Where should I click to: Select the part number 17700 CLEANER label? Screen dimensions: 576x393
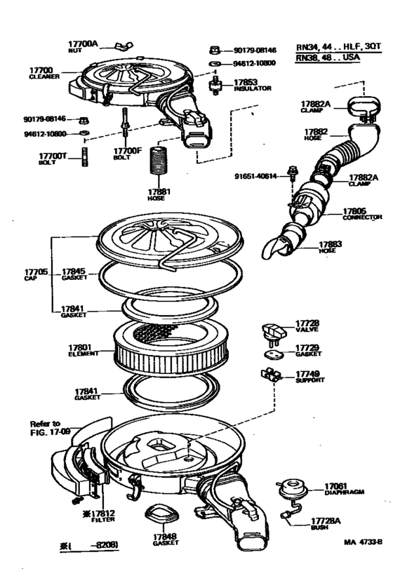point(42,74)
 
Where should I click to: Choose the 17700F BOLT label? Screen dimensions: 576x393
point(128,153)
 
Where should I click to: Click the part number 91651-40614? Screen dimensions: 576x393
point(255,177)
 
